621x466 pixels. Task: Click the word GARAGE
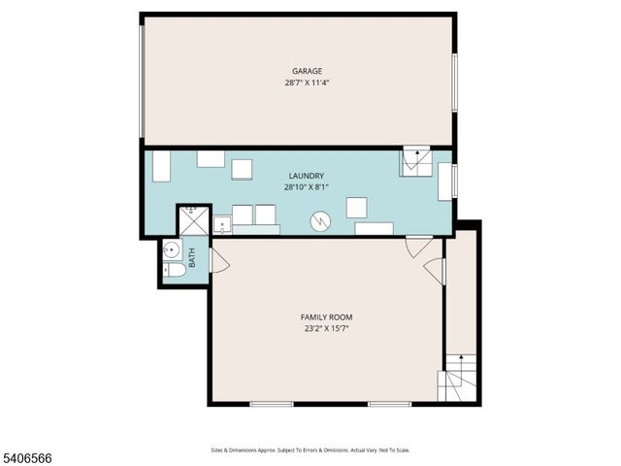click(x=307, y=71)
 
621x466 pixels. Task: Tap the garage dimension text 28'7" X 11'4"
click(x=307, y=83)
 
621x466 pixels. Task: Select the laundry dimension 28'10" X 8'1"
click(x=306, y=187)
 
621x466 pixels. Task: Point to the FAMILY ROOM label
click(x=326, y=317)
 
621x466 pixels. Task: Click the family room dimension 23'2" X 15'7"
click(x=326, y=329)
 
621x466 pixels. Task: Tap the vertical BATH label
click(x=192, y=258)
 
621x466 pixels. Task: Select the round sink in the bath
click(x=171, y=249)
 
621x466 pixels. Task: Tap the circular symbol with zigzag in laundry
click(x=320, y=222)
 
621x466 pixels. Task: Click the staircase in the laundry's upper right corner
click(x=416, y=161)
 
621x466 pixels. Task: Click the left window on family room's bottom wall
click(x=271, y=404)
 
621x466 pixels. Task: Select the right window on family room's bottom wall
click(x=389, y=404)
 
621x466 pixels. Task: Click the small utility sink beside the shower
click(x=222, y=226)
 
